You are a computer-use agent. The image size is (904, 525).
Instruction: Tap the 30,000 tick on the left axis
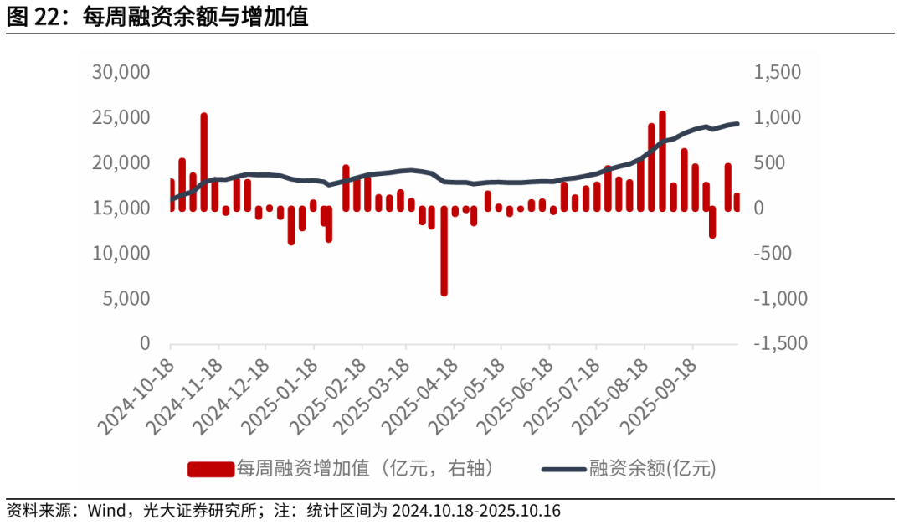pos(121,72)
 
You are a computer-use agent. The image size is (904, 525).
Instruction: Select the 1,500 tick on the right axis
pos(778,72)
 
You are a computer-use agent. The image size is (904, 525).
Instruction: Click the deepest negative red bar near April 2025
pos(444,251)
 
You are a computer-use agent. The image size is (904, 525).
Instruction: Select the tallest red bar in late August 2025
pos(662,159)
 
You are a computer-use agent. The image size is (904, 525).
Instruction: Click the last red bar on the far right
pos(737,202)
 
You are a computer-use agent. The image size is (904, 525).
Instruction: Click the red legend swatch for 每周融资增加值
pos(210,469)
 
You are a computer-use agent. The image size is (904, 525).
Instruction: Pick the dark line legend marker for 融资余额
pos(563,469)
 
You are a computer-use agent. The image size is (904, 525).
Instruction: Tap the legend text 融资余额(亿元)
pos(653,469)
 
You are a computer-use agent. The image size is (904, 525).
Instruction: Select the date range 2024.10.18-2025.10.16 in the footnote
pos(475,511)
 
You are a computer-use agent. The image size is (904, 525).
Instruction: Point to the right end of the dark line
pos(737,124)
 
